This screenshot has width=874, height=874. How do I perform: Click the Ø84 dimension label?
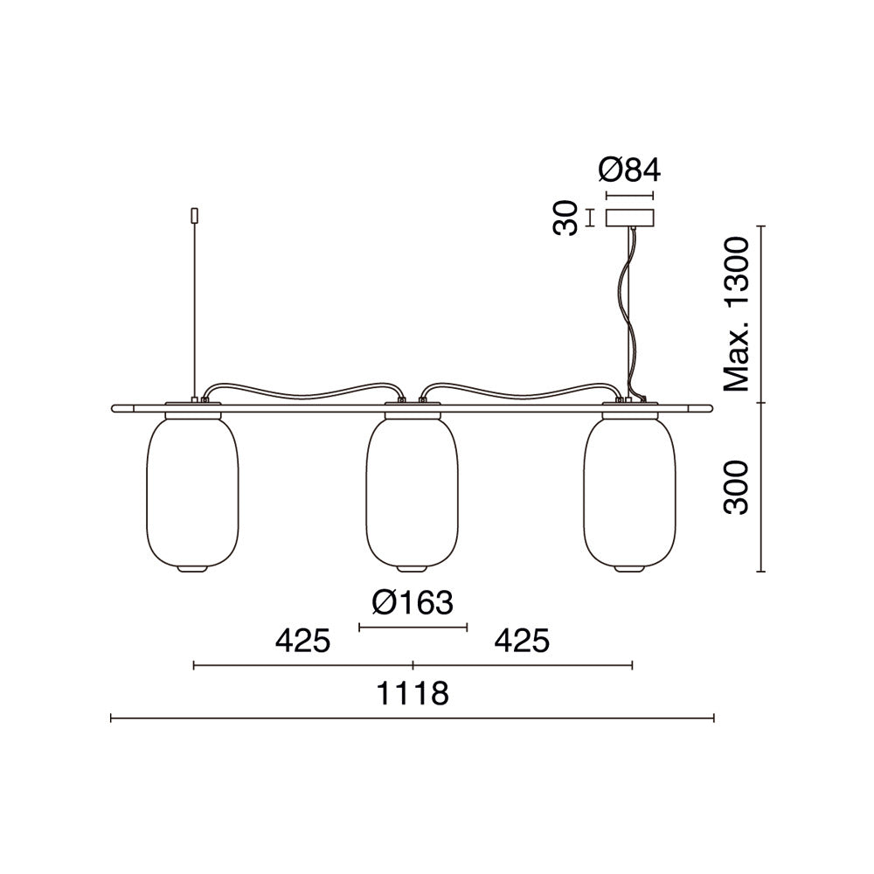(x=629, y=170)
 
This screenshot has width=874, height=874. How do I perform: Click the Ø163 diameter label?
(x=413, y=602)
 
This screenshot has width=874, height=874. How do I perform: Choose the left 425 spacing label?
(x=302, y=641)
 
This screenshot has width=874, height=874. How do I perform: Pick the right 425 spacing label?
(x=523, y=641)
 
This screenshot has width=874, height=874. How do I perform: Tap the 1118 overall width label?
(x=413, y=694)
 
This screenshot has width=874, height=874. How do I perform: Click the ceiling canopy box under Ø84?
(x=629, y=218)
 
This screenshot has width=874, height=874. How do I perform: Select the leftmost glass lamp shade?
(x=191, y=490)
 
